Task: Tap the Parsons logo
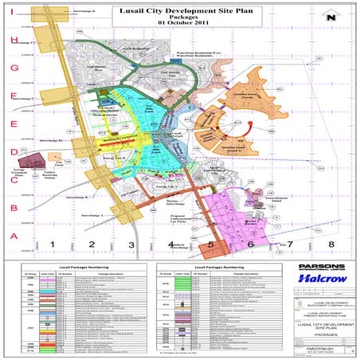click(x=317, y=267)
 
